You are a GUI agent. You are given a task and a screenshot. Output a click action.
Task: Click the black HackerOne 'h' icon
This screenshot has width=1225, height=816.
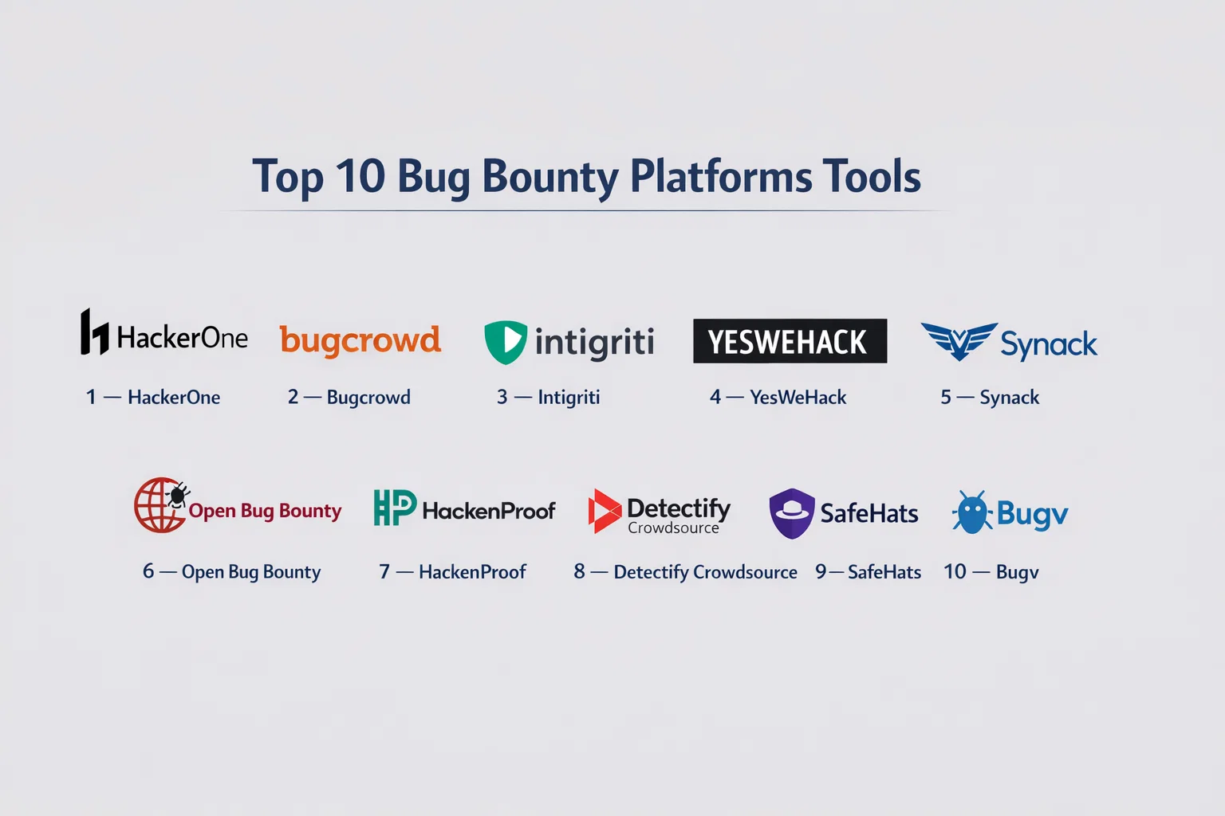(x=94, y=331)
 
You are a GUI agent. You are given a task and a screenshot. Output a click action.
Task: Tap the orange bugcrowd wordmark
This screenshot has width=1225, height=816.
(x=360, y=341)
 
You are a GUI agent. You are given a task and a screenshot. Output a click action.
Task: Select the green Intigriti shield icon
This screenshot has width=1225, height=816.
(x=506, y=342)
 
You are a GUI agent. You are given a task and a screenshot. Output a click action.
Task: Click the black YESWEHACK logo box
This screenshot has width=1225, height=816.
(x=790, y=341)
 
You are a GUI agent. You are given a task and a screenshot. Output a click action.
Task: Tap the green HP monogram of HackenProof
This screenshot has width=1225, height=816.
(x=395, y=507)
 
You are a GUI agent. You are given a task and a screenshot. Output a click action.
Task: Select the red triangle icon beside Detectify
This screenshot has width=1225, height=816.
(x=605, y=511)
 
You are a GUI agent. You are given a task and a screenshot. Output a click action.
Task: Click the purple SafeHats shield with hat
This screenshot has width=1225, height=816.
(x=792, y=513)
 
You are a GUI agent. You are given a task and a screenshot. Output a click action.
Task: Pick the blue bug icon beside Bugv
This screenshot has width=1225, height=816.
(x=972, y=512)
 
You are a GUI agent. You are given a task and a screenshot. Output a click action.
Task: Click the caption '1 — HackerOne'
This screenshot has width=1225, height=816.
(x=152, y=398)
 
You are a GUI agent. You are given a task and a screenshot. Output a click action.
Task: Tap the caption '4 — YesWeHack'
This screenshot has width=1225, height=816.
(x=778, y=398)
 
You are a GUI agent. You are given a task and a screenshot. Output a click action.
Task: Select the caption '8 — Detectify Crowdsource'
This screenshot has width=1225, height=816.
(x=685, y=572)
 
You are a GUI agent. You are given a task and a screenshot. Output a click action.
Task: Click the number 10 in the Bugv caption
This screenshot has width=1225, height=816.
(x=955, y=571)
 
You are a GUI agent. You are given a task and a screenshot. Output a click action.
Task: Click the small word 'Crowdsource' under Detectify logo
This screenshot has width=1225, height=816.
(x=673, y=528)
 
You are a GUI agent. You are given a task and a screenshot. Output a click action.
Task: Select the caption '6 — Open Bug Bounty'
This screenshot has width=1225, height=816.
(x=232, y=572)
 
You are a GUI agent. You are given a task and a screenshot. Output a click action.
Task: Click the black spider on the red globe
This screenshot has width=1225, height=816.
(x=178, y=495)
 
